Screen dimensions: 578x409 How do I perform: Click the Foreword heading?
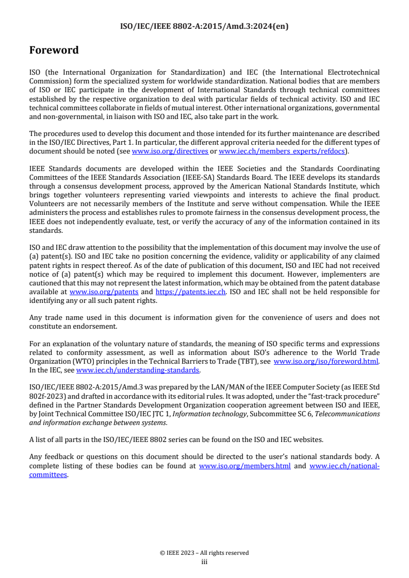54,50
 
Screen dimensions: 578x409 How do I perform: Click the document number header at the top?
204,27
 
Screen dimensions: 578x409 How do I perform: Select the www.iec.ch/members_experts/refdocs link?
282,151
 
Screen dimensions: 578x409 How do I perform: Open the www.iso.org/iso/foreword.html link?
326,362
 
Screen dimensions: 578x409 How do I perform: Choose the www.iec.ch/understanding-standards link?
138,370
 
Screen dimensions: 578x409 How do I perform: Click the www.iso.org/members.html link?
244,466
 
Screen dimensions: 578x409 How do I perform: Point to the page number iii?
204,562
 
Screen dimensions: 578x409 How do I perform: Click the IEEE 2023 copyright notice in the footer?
204,553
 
